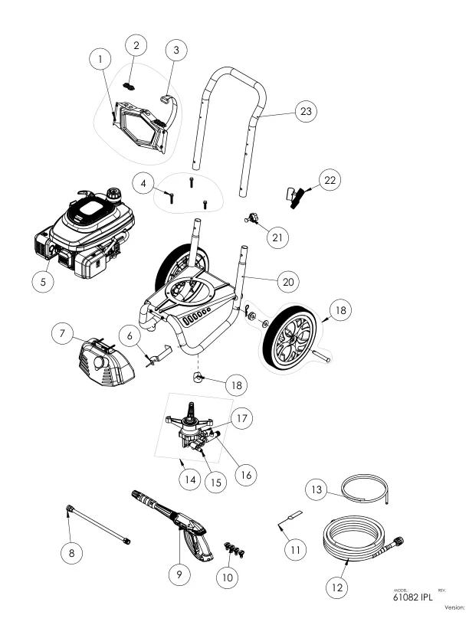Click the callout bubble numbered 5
tap(44, 282)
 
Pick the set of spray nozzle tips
tap(228, 548)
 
